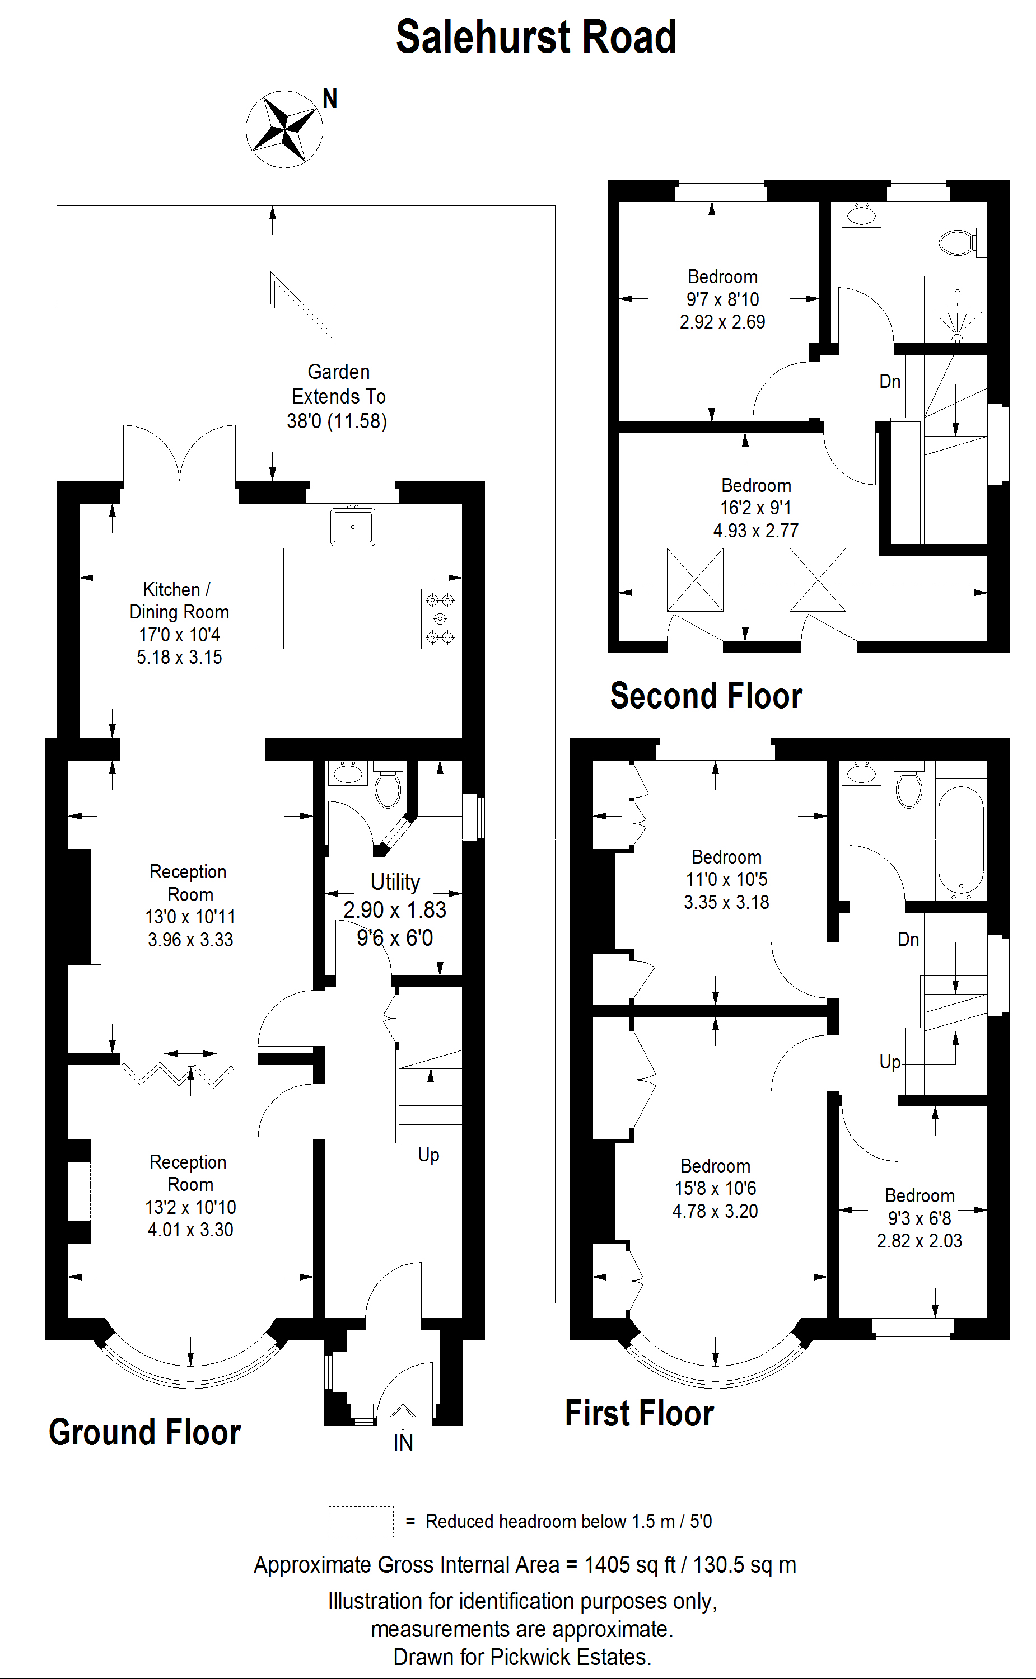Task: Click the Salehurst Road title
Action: pos(536,37)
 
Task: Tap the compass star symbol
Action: pos(284,129)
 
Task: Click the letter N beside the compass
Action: pos(330,99)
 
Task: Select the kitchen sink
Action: pos(352,527)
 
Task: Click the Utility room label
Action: pos(395,882)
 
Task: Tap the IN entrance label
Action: pos(403,1443)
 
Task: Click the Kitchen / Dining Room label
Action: pos(178,601)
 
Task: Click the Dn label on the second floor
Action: pos(889,381)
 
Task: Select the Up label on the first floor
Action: pos(889,1062)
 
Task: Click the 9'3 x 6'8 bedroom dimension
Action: pos(920,1218)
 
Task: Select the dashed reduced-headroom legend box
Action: pos(361,1522)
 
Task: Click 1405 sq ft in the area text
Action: pos(629,1565)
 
